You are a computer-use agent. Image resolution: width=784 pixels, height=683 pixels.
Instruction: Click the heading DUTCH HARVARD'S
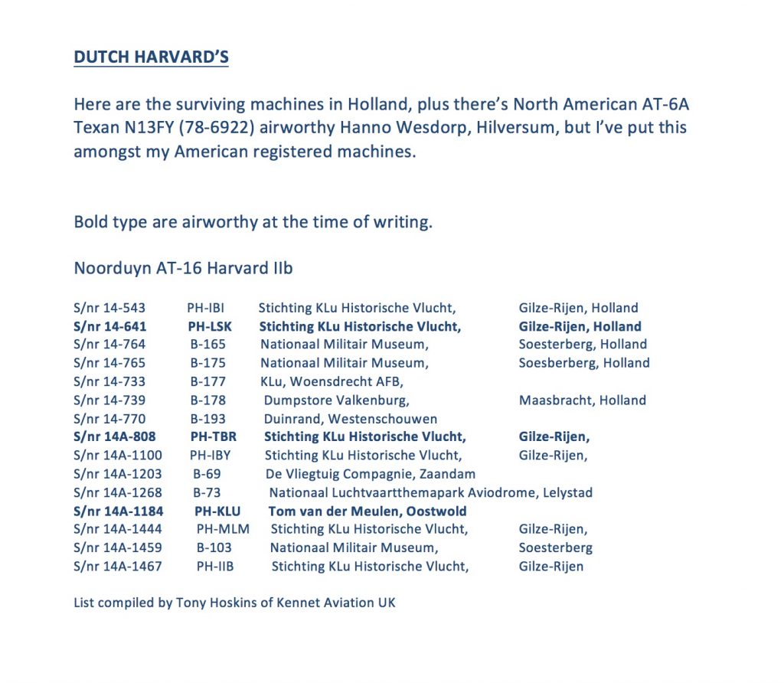(x=151, y=57)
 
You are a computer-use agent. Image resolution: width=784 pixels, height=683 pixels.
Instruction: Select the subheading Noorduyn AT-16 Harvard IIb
(x=183, y=268)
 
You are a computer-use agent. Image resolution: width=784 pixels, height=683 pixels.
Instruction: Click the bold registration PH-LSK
(x=210, y=326)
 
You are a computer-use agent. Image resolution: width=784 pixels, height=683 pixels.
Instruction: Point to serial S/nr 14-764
(x=109, y=345)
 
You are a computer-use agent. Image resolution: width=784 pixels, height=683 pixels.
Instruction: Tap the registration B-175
(x=208, y=363)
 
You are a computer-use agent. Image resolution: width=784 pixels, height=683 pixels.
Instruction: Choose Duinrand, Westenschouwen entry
(x=351, y=419)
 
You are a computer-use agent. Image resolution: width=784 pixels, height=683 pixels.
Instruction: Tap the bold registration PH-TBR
(x=214, y=436)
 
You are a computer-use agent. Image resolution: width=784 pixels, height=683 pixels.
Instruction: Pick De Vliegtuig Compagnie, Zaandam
(x=370, y=474)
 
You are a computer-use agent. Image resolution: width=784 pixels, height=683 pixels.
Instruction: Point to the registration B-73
(x=207, y=492)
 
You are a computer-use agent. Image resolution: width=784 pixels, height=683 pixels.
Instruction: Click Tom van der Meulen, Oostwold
(x=367, y=511)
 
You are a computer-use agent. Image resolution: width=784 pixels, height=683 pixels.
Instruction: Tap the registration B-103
(x=214, y=547)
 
